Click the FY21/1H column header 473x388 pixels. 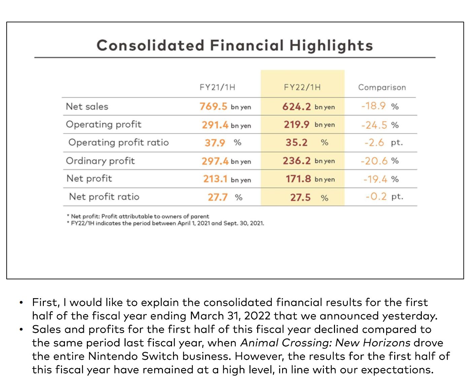pyautogui.click(x=217, y=87)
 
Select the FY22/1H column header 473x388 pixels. pyautogui.click(x=302, y=87)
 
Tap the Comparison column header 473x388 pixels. pyautogui.click(x=382, y=87)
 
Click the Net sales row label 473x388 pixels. pyautogui.click(x=87, y=107)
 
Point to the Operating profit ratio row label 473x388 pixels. pyautogui.click(x=119, y=143)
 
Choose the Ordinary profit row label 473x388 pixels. pyautogui.click(x=100, y=161)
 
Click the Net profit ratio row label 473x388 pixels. pyautogui.click(x=104, y=197)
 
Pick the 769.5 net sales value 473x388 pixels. pyautogui.click(x=213, y=107)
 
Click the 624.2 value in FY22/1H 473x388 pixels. pyautogui.click(x=296, y=107)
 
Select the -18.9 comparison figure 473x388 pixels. pyautogui.click(x=373, y=106)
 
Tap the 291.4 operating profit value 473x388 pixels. pyautogui.click(x=215, y=125)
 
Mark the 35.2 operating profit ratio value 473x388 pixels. pyautogui.click(x=297, y=143)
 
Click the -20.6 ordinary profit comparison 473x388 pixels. pyautogui.click(x=374, y=161)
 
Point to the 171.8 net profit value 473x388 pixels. pyautogui.click(x=298, y=179)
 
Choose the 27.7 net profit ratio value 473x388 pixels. pyautogui.click(x=217, y=197)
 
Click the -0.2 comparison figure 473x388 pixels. pyautogui.click(x=376, y=197)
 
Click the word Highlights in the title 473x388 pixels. pyautogui.click(x=331, y=46)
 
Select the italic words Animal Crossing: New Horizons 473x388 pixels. pyautogui.click(x=325, y=343)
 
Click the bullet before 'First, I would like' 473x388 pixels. pyautogui.click(x=22, y=303)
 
